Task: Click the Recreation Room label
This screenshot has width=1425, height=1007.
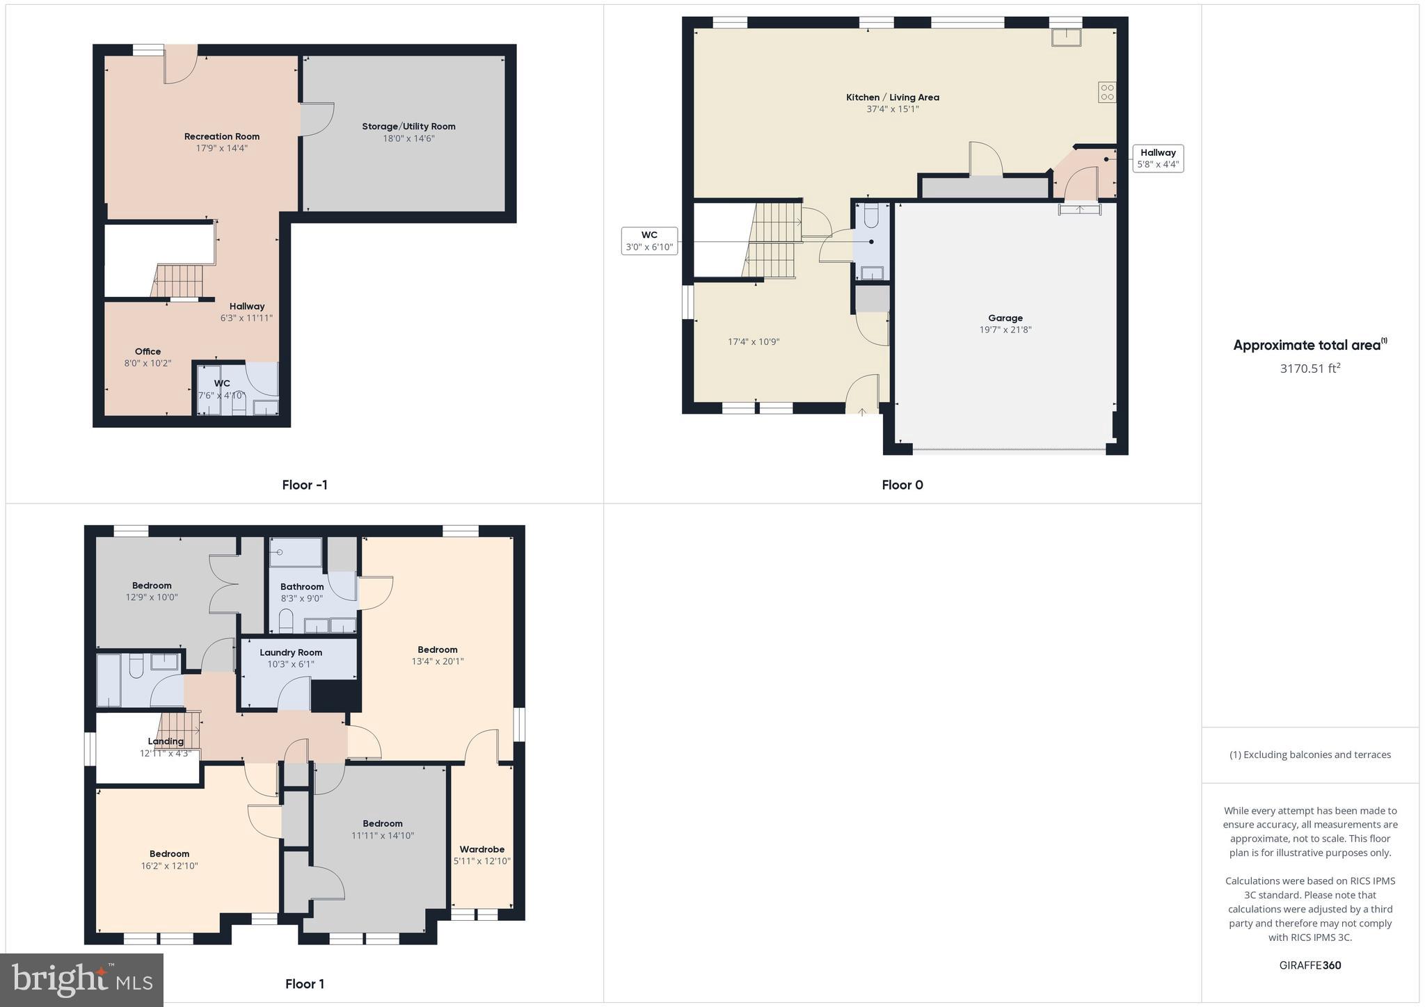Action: [x=221, y=136]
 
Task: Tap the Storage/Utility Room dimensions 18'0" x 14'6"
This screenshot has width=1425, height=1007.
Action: [x=408, y=138]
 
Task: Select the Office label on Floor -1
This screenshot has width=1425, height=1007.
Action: [x=148, y=351]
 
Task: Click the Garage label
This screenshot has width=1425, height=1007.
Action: [x=1005, y=318]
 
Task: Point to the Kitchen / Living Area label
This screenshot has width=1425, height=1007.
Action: [x=892, y=97]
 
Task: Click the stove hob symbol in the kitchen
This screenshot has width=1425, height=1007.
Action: [x=1107, y=92]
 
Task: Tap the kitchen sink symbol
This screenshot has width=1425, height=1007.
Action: [x=1066, y=37]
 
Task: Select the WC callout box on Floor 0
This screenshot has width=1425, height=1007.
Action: [x=649, y=241]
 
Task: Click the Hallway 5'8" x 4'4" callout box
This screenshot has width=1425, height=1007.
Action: [x=1158, y=159]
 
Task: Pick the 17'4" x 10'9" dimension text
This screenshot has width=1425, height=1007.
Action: [x=754, y=341]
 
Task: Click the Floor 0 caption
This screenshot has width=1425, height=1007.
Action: [x=902, y=485]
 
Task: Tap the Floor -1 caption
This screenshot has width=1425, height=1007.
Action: [x=305, y=485]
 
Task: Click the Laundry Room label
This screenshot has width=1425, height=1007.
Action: [x=291, y=652]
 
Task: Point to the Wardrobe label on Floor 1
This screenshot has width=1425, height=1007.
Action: [x=481, y=849]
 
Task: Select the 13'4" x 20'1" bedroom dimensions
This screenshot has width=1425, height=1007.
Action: [x=437, y=661]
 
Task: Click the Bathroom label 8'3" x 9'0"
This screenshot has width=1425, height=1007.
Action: [x=302, y=586]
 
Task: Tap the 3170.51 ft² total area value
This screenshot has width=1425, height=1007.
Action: [x=1309, y=369]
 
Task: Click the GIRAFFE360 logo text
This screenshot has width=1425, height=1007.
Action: [x=1309, y=965]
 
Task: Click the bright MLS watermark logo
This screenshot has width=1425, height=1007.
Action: [x=82, y=980]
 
